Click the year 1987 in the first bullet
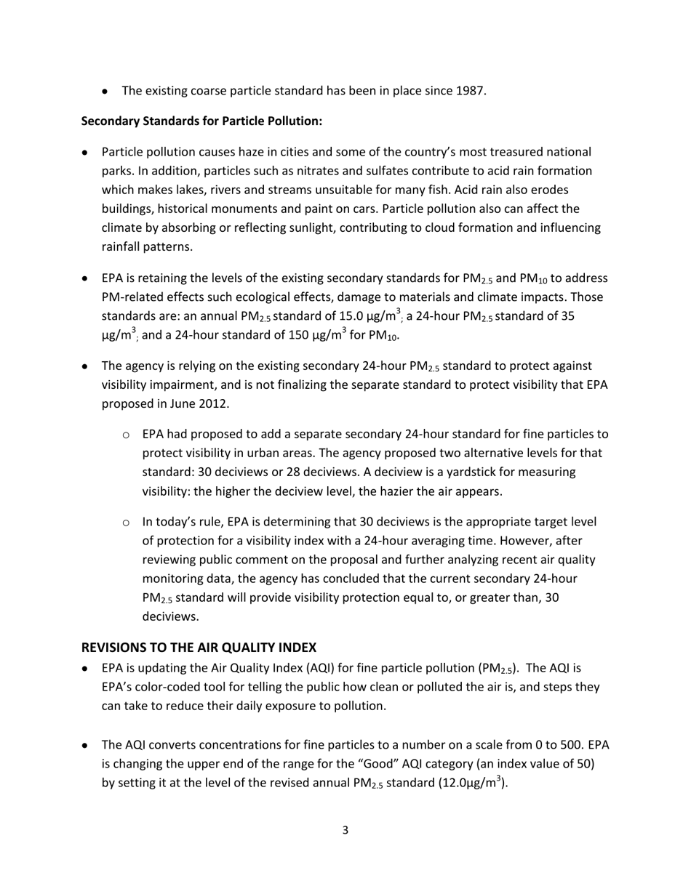470,91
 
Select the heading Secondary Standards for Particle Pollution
201,121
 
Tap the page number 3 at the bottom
345,830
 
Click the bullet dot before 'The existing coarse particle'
106,92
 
